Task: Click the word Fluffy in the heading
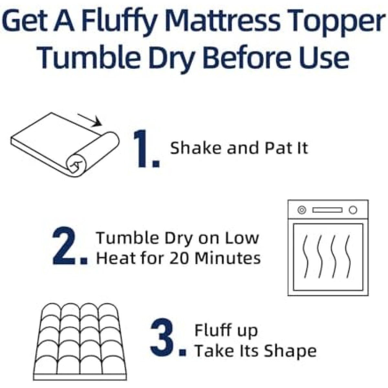click(x=119, y=22)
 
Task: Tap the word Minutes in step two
click(x=228, y=258)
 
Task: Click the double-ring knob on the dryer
click(x=302, y=210)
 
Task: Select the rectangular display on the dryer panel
click(x=328, y=210)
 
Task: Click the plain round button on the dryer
click(x=353, y=210)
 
